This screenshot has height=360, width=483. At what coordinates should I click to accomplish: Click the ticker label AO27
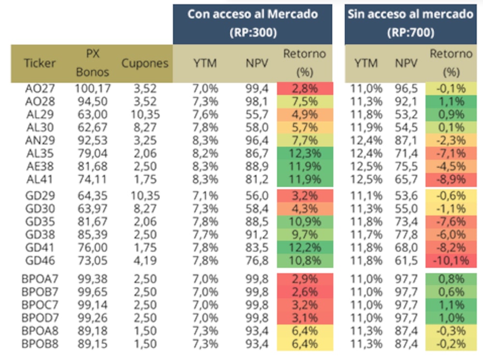tap(40, 89)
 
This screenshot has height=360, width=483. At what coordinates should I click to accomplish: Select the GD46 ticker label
tap(40, 261)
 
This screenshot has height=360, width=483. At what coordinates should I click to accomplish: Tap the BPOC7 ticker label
tap(40, 305)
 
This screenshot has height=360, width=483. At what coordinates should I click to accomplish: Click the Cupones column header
tap(145, 63)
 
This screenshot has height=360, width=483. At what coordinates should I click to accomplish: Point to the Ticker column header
tap(40, 63)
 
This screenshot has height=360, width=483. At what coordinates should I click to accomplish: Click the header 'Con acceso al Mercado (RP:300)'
tap(253, 23)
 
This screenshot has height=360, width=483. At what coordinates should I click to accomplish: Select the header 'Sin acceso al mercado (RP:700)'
tap(411, 23)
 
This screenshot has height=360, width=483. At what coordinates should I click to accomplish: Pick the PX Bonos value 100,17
tap(93, 89)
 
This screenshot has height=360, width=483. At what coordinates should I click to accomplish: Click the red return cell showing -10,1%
tap(451, 261)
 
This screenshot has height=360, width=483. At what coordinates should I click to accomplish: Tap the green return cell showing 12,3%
tap(305, 153)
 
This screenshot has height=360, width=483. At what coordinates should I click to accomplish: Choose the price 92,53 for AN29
tap(93, 140)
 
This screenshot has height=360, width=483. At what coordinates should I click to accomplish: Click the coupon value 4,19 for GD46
tap(145, 261)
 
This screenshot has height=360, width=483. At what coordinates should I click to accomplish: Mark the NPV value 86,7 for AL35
tap(257, 153)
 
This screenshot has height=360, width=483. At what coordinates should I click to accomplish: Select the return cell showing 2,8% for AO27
tap(305, 89)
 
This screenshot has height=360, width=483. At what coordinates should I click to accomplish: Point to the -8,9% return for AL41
tap(451, 179)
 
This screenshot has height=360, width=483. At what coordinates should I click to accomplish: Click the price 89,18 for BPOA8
tap(93, 331)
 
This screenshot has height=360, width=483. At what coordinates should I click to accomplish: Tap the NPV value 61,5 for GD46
tap(406, 261)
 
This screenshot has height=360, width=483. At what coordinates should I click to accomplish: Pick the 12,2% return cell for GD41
tap(305, 248)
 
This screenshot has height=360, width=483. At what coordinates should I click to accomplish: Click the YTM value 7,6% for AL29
tap(205, 114)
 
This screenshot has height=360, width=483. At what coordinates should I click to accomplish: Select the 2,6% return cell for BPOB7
tap(305, 291)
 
